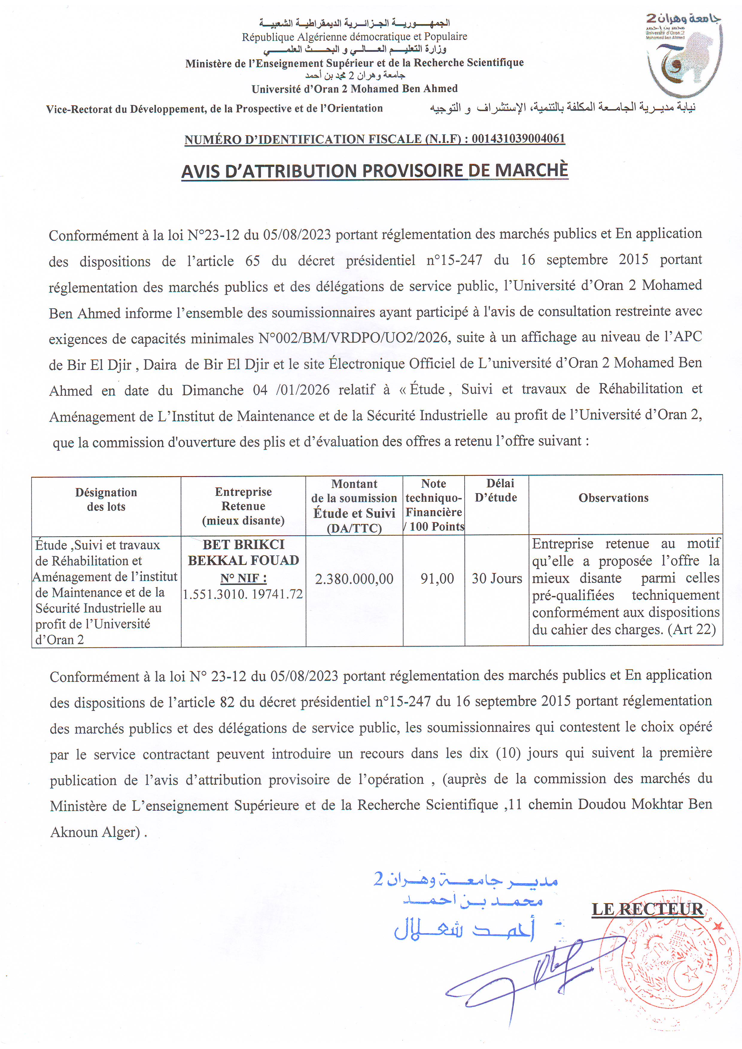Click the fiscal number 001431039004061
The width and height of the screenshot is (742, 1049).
[518, 138]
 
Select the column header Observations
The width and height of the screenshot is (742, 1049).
[613, 498]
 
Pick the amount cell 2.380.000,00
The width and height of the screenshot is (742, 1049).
[354, 579]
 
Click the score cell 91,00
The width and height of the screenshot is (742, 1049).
[437, 579]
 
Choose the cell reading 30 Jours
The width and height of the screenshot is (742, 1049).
[496, 579]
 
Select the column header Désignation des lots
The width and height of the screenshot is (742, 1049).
[106, 499]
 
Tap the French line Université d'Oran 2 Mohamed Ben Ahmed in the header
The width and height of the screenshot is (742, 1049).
[354, 89]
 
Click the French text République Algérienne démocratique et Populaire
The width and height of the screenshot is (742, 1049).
[354, 36]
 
